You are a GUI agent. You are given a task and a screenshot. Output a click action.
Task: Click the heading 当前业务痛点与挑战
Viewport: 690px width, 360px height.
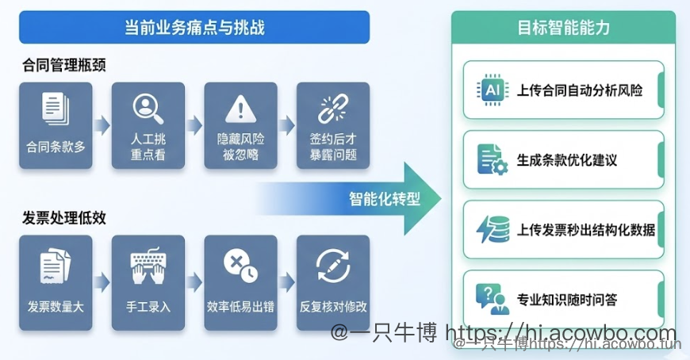click(x=194, y=29)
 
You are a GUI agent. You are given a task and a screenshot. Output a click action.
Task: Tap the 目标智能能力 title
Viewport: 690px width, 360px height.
click(x=563, y=29)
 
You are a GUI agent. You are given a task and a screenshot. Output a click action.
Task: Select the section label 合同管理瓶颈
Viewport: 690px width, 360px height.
click(x=64, y=66)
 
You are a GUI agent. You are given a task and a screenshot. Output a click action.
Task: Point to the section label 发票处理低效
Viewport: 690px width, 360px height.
click(x=64, y=217)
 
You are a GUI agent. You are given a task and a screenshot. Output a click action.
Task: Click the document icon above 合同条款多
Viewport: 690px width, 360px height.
click(x=55, y=109)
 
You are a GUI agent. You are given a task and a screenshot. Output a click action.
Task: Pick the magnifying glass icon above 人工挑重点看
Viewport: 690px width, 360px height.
click(x=148, y=108)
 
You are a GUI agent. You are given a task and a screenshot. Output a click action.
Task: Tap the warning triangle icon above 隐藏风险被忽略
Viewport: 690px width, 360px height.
click(x=240, y=109)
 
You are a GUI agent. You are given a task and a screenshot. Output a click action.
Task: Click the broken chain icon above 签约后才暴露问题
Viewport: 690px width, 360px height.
click(x=333, y=109)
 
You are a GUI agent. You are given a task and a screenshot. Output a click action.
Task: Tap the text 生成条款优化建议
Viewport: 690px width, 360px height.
click(x=566, y=160)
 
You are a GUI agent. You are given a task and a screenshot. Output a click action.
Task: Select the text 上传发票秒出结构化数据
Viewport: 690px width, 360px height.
click(x=585, y=230)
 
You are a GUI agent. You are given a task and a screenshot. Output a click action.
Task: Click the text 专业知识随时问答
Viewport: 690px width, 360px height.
click(x=566, y=300)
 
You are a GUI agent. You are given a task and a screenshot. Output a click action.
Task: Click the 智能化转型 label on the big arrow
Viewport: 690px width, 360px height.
click(x=384, y=198)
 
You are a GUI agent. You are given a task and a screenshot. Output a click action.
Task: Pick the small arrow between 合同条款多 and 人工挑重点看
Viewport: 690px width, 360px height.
click(x=102, y=125)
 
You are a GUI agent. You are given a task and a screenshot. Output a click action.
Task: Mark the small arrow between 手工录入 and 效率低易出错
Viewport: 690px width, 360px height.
click(x=194, y=282)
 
